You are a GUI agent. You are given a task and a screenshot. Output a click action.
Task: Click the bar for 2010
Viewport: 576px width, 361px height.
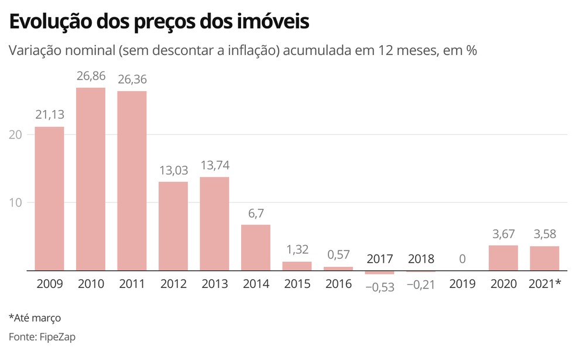click(91, 179)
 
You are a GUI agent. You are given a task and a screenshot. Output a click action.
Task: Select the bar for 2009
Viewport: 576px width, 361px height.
click(49, 199)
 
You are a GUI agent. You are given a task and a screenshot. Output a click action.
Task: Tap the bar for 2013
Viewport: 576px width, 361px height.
click(214, 224)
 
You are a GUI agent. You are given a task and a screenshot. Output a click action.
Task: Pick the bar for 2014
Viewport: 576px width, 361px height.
click(256, 247)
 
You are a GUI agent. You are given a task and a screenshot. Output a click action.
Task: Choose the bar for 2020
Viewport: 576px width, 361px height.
click(503, 258)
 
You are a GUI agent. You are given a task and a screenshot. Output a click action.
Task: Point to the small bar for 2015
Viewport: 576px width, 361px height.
click(297, 266)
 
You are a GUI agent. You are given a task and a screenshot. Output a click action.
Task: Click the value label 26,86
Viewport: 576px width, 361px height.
click(91, 76)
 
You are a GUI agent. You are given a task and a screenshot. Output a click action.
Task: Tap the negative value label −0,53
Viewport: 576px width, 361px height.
click(379, 287)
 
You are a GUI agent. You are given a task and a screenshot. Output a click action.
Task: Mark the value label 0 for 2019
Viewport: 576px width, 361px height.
click(462, 259)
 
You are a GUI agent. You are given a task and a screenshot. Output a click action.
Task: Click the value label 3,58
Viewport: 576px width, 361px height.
click(544, 235)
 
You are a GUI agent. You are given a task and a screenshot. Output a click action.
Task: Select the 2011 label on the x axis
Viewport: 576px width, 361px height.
click(132, 284)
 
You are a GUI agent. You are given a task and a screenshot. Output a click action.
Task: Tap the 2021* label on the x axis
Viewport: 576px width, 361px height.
click(544, 284)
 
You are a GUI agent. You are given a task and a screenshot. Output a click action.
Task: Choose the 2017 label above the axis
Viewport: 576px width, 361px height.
click(379, 259)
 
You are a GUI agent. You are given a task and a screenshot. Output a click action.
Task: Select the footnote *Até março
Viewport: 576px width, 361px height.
click(35, 318)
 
